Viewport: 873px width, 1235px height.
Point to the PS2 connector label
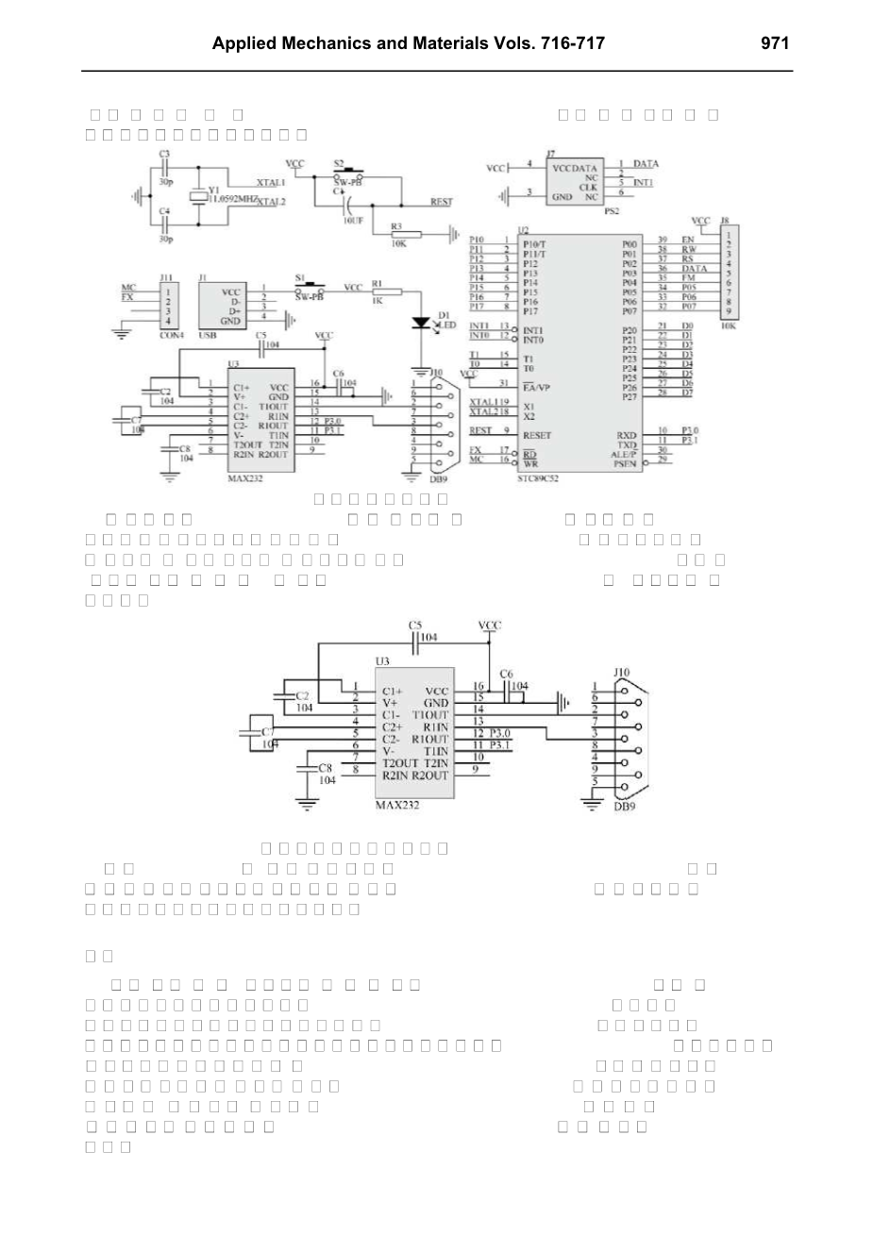pos(612,211)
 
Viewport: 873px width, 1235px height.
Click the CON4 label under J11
pos(171,335)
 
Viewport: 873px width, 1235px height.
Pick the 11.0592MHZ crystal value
pos(233,199)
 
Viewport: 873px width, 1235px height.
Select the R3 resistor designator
pos(395,226)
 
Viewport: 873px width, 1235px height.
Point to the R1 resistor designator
pos(378,282)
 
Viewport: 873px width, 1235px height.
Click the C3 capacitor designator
pos(164,153)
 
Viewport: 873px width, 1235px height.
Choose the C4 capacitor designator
pos(164,211)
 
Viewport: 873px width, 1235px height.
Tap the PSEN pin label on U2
pos(625,464)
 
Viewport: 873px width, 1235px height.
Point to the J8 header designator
pos(724,221)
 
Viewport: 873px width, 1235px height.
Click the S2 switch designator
pos(340,162)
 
